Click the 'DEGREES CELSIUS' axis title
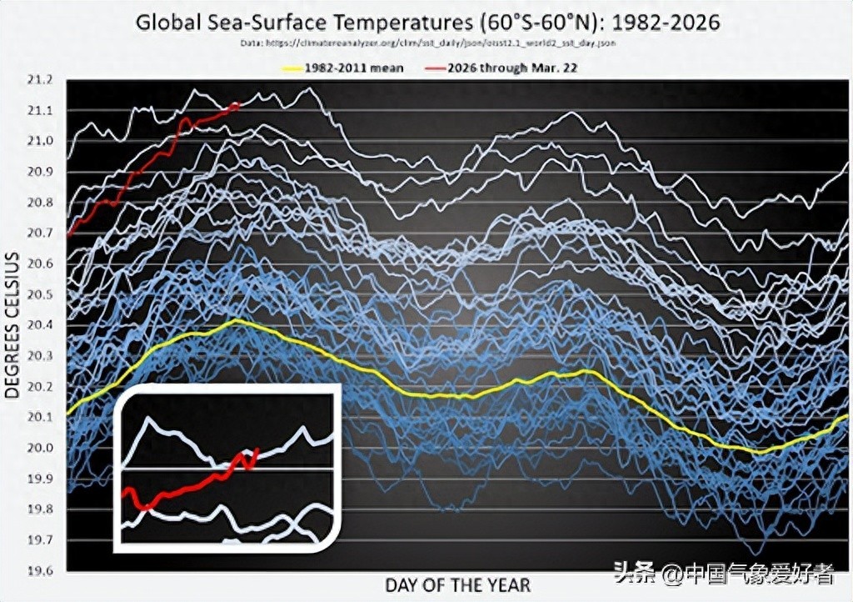(x=14, y=324)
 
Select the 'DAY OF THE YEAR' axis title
(x=457, y=584)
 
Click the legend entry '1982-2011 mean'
(x=354, y=67)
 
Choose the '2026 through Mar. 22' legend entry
(x=512, y=67)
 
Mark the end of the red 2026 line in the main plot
(x=239, y=104)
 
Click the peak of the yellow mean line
(x=237, y=320)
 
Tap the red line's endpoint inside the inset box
(x=259, y=450)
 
